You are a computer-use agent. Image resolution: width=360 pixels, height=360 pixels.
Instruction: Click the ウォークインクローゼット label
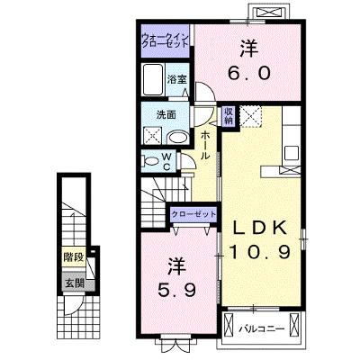pos(166,40)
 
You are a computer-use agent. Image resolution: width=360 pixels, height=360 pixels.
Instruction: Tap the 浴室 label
pos(177,79)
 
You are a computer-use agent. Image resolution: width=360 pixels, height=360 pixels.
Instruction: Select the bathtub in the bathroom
pos(153,79)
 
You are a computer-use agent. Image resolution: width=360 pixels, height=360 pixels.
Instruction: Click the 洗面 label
pos(166,115)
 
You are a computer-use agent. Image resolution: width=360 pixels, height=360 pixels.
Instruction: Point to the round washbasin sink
pos(177,138)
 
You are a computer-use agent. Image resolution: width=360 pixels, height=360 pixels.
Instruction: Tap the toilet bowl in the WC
pos(150,161)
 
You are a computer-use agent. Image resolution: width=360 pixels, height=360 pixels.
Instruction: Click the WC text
pos(166,161)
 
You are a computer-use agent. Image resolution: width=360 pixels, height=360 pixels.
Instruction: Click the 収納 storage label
pos(228,116)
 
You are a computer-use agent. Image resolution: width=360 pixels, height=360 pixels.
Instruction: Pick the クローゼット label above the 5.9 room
pos(193,214)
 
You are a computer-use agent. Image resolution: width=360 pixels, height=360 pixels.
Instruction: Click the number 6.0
pos(248,73)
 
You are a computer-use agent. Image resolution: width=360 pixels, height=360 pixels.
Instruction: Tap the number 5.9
pos(176,290)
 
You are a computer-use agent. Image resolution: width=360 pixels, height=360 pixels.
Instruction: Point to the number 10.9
pos(260,251)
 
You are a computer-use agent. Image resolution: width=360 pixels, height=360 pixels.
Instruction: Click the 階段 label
pos(74,257)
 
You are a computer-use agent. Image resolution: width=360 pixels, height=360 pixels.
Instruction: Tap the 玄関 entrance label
pos(75,283)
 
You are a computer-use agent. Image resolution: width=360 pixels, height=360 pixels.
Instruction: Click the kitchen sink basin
pos(292,153)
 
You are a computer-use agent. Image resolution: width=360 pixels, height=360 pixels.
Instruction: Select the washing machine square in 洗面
pos(152,136)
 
